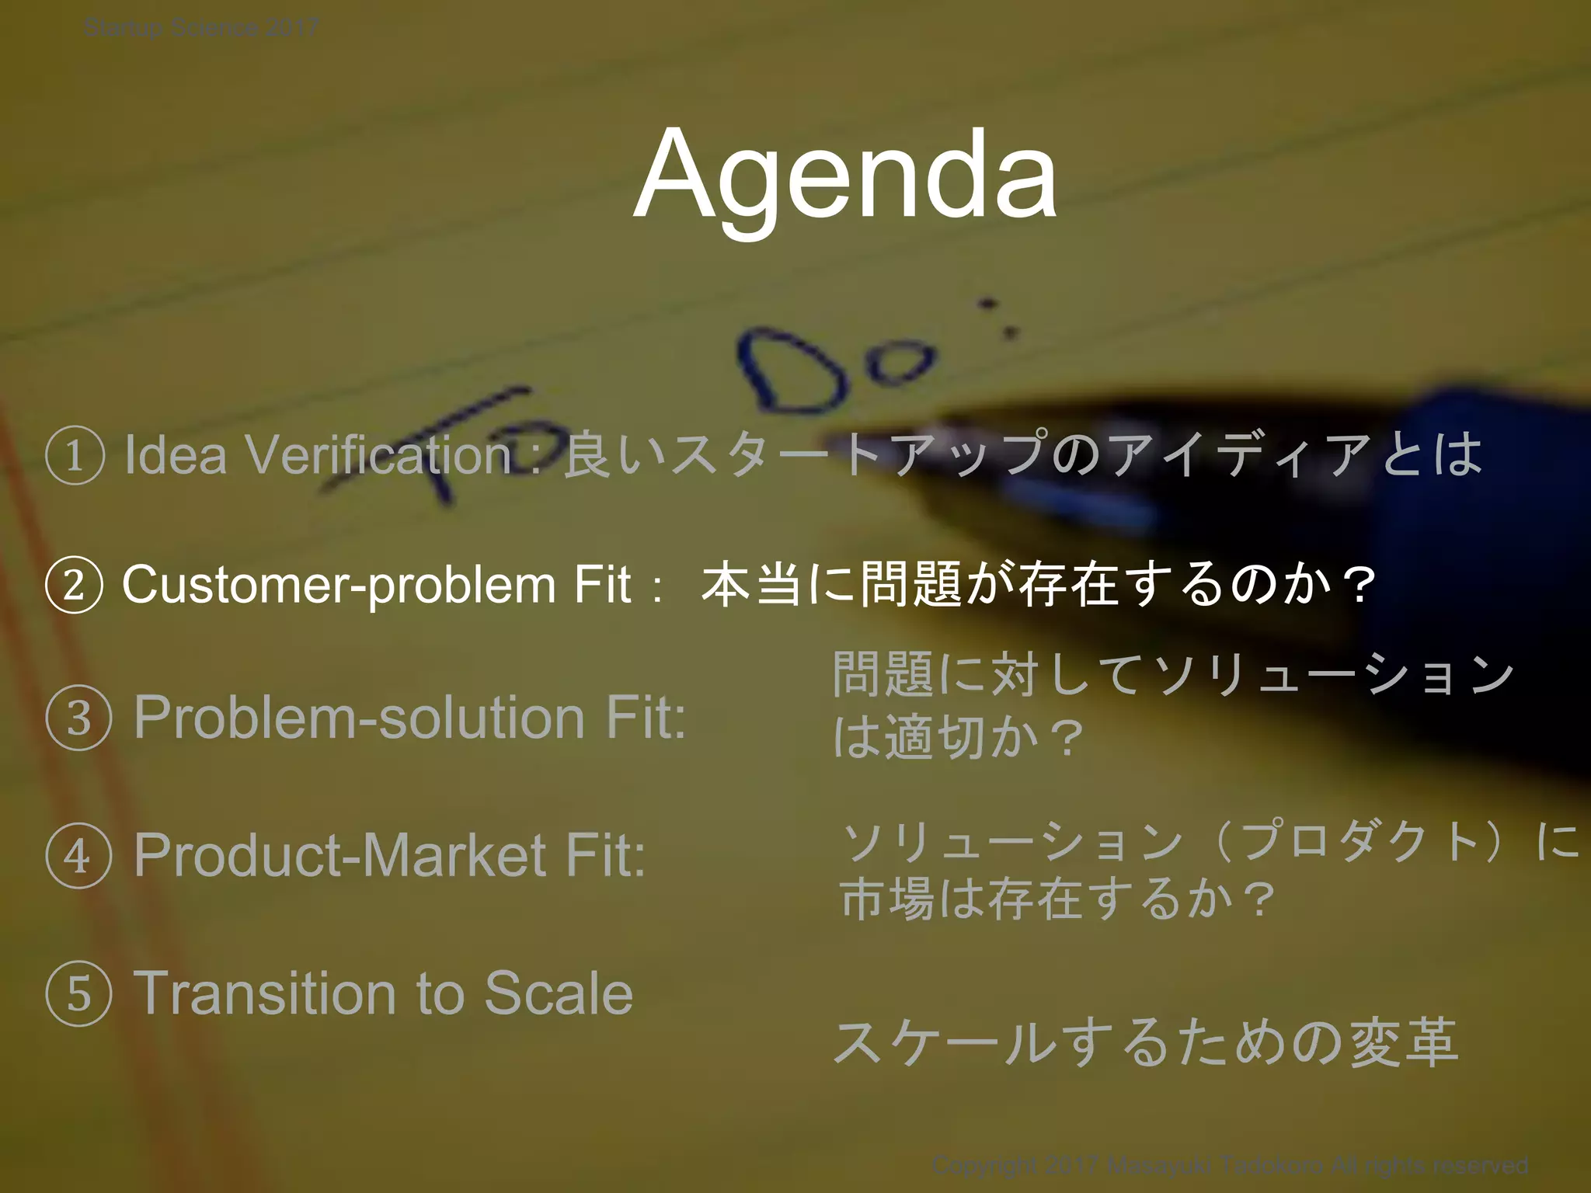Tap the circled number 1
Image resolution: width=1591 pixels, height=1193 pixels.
click(x=75, y=457)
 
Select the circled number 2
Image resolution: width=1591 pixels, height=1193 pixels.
click(x=74, y=586)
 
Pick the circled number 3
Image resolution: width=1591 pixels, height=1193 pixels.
click(x=78, y=718)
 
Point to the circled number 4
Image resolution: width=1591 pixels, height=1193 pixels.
click(x=78, y=857)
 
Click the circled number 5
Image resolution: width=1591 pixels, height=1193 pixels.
click(x=78, y=995)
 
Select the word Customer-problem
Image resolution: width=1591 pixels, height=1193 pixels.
click(x=337, y=586)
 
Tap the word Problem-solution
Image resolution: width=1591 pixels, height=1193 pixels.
click(x=359, y=718)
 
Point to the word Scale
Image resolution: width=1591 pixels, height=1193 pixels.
click(x=559, y=994)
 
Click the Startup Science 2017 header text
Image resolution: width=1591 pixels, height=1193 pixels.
click(x=200, y=29)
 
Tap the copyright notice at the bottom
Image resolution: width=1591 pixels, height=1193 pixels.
click(x=1230, y=1166)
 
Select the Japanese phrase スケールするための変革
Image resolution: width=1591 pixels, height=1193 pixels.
click(x=1145, y=1042)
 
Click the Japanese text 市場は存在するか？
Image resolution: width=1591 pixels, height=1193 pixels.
click(x=1058, y=899)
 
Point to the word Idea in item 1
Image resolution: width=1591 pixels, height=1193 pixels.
click(x=176, y=455)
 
